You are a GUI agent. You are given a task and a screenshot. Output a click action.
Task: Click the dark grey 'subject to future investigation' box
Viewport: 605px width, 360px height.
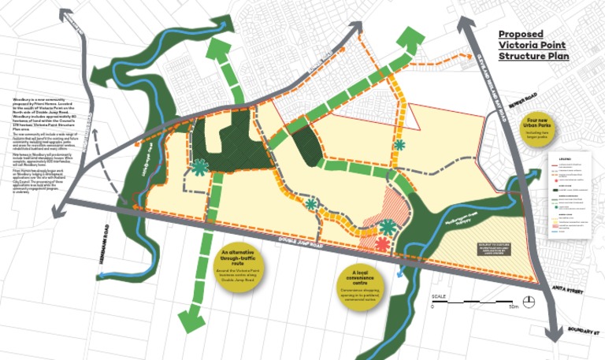[x=490, y=248]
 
